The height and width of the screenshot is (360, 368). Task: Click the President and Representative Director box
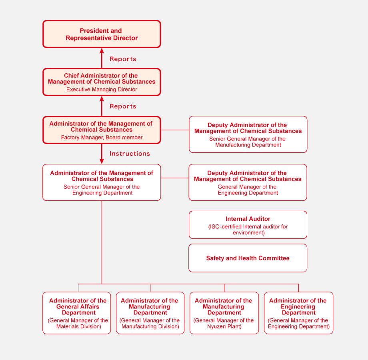(x=102, y=34)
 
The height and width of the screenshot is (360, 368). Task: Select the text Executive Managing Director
(x=102, y=90)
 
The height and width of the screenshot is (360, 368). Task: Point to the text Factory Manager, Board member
(x=102, y=138)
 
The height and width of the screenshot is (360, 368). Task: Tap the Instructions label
(x=130, y=154)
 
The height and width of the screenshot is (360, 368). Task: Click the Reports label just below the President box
(x=123, y=59)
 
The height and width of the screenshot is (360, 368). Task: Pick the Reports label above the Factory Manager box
(x=123, y=106)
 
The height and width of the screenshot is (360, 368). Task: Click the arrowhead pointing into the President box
(x=102, y=51)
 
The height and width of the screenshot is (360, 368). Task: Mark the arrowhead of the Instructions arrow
(x=102, y=161)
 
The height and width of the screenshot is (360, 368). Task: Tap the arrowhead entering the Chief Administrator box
(x=102, y=99)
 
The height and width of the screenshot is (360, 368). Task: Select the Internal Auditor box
(x=248, y=225)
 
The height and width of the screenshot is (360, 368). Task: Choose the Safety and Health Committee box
(x=248, y=258)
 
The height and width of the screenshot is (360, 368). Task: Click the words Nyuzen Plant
(x=224, y=326)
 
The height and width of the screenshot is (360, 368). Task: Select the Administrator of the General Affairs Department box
(x=76, y=313)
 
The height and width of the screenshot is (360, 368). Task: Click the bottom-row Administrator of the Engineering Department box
(x=298, y=313)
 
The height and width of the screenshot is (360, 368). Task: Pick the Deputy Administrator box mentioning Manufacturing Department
(x=248, y=134)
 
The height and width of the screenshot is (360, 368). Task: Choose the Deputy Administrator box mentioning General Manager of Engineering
(x=248, y=182)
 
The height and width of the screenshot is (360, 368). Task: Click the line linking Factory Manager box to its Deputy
(x=175, y=130)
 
